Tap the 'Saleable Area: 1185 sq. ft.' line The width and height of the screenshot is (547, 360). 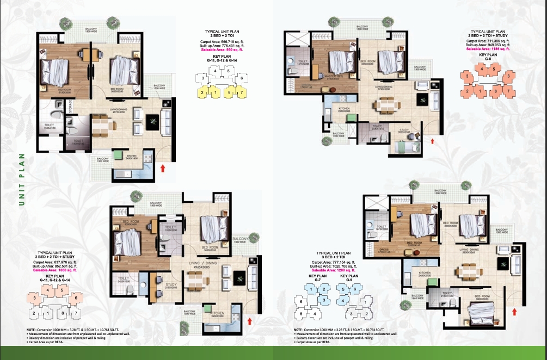pyautogui.click(x=489, y=48)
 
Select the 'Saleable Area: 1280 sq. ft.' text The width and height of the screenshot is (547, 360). pyautogui.click(x=332, y=270)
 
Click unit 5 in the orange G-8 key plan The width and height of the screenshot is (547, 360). pyautogui.click(x=493, y=69)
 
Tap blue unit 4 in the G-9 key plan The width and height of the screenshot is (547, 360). pyautogui.click(x=344, y=300)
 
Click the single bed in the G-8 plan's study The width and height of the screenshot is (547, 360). pyautogui.click(x=404, y=147)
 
